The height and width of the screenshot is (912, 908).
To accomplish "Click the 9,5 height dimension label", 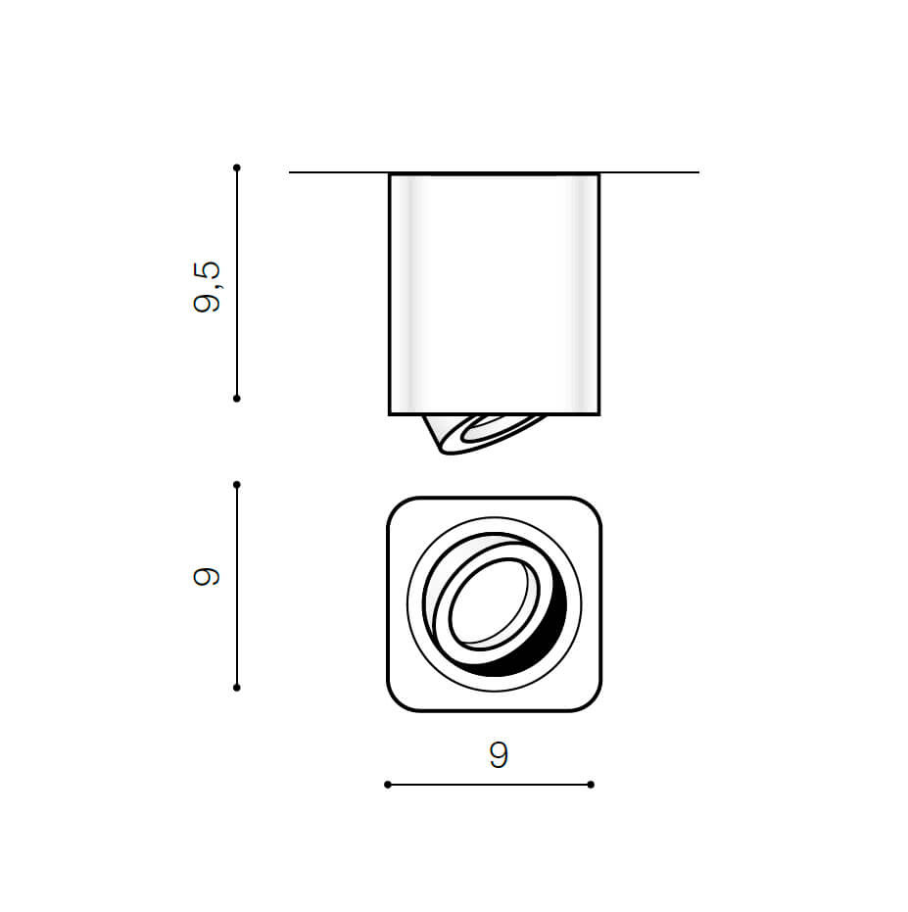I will point(208,286).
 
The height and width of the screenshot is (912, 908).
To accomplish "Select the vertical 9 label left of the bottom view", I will point(208,577).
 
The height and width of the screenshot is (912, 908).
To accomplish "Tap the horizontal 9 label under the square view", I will point(499,755).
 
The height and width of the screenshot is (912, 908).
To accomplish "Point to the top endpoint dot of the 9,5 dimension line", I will point(237,168).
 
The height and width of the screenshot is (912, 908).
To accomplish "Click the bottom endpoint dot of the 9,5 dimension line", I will point(237,399).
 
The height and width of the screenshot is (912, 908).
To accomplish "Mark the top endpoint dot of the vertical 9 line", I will point(237,484).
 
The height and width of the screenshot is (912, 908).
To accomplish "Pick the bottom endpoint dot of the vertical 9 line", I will point(237,688).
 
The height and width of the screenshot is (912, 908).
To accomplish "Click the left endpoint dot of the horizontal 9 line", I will point(388,785).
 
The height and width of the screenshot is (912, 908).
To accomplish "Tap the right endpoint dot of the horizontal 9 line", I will point(591,785).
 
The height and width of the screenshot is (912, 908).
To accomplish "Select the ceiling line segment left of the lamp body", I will point(338,172).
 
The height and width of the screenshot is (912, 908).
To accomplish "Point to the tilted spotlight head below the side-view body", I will point(480,433).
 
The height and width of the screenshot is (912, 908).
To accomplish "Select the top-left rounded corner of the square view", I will point(396,507).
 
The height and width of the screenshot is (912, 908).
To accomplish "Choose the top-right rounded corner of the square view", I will point(592,507).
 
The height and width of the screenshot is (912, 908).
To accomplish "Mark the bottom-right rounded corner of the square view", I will point(592,701).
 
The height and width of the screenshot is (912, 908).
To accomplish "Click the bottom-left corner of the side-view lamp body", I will point(391,413).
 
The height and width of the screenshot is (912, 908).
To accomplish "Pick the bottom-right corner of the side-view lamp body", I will point(597,413).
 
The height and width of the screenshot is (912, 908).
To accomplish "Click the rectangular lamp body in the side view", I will point(494,294).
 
